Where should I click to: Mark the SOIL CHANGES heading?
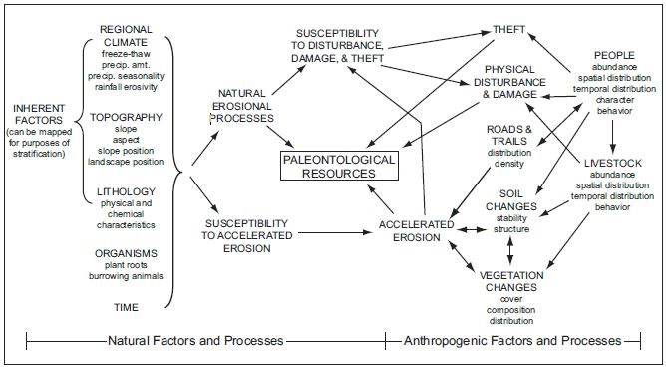click(512, 201)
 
